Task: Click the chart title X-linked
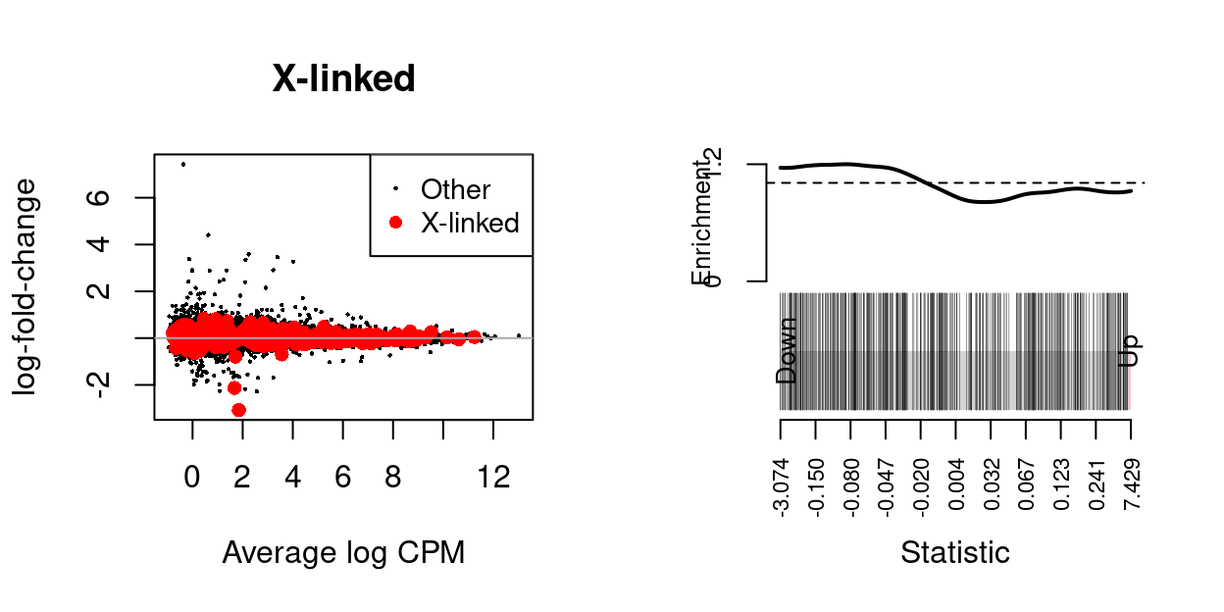coord(343,79)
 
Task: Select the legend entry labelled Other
coord(455,189)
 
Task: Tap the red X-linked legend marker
coord(395,223)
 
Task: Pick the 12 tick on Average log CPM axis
coord(493,477)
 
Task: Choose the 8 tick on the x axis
coord(392,477)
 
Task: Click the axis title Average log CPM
coord(343,553)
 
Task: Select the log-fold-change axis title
coord(26,286)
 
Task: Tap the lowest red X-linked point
coord(238,410)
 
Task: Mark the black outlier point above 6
coord(182,164)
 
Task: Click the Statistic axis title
coord(954,552)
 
